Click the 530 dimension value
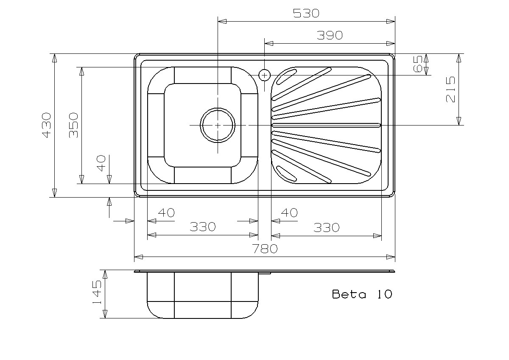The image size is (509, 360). point(306,13)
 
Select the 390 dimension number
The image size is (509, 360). point(330,36)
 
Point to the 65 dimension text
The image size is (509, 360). point(418,64)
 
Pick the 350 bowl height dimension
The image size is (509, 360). point(74,125)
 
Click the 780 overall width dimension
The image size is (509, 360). point(265,249)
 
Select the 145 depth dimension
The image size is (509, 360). point(97,292)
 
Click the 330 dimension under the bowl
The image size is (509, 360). point(202,227)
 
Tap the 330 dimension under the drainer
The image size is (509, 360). point(327,228)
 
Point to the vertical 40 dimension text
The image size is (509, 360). point(101,163)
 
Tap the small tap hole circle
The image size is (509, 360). point(264,75)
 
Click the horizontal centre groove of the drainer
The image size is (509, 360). point(326,125)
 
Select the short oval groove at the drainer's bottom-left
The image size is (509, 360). point(287,173)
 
